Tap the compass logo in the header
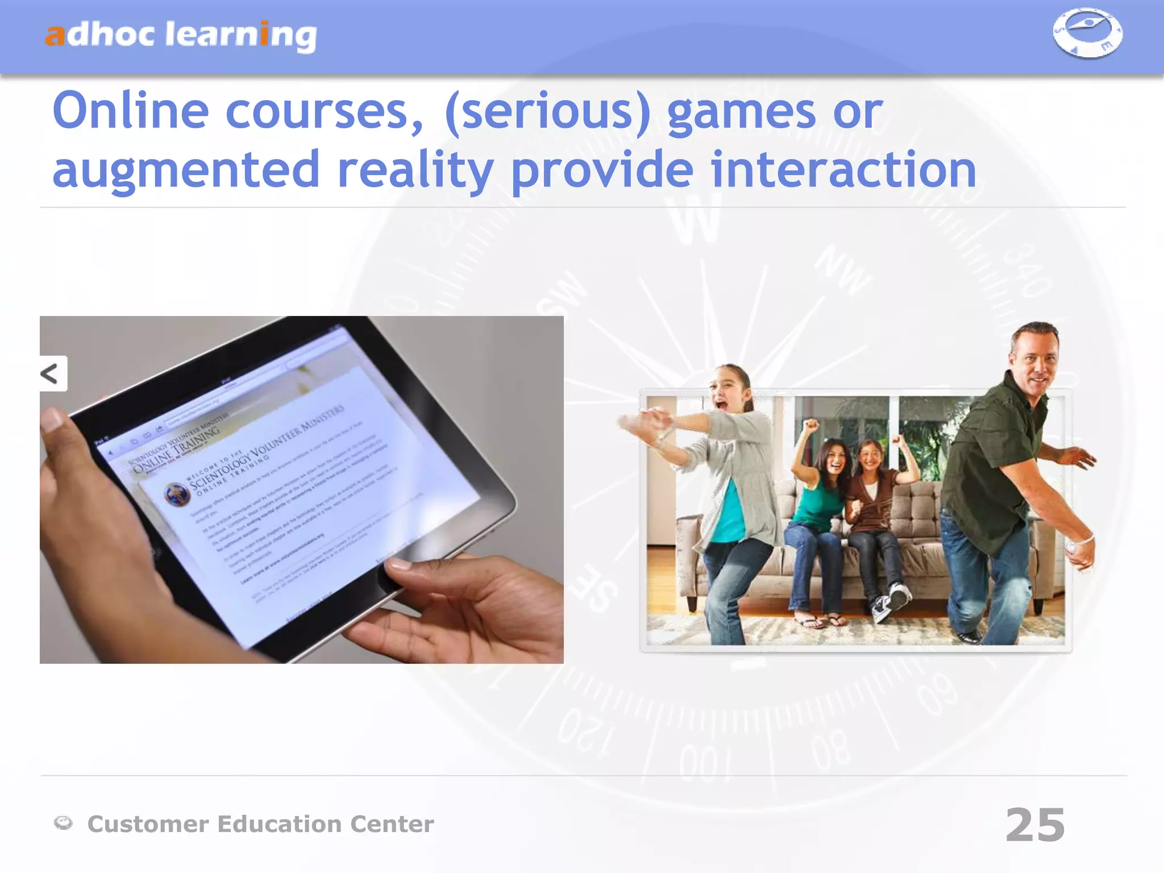[1087, 32]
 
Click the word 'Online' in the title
[131, 111]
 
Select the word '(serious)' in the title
[548, 112]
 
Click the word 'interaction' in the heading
[843, 169]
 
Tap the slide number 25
[1035, 825]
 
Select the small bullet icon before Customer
[63, 822]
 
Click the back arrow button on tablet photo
[51, 373]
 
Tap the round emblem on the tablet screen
[177, 494]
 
